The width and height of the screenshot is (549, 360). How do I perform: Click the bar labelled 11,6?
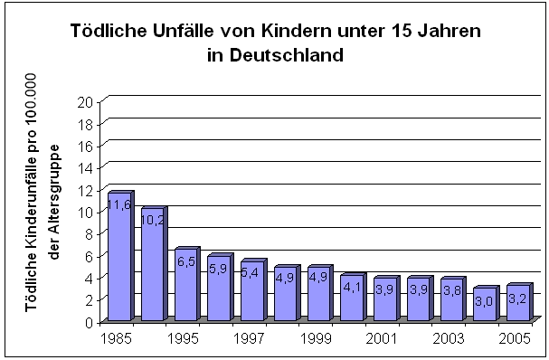(119, 258)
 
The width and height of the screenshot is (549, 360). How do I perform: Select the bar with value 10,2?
(153, 266)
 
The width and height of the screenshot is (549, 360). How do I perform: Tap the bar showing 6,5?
(185, 286)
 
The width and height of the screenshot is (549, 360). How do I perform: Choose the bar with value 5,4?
(252, 292)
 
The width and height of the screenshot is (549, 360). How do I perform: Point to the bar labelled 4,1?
(352, 298)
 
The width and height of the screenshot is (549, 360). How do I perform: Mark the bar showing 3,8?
(451, 300)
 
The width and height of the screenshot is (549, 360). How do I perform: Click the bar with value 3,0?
(485, 305)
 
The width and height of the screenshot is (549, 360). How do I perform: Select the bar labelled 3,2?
(518, 304)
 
